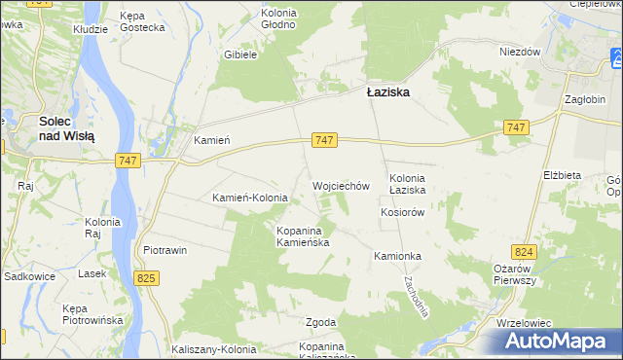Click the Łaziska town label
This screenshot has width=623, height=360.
(x=387, y=92)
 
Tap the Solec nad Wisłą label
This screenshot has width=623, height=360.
(x=66, y=128)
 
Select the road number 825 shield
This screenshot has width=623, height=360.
(x=146, y=278)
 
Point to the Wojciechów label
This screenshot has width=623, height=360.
(x=341, y=185)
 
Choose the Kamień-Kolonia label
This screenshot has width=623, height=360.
(x=250, y=198)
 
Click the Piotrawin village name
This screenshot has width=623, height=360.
(x=165, y=250)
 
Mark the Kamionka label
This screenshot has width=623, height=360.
(x=397, y=256)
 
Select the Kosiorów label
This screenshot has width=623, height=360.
(x=404, y=212)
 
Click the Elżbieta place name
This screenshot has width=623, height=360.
(x=562, y=175)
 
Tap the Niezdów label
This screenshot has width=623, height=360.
(x=519, y=52)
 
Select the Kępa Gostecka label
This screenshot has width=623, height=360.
(x=143, y=22)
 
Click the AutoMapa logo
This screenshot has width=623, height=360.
(x=558, y=342)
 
